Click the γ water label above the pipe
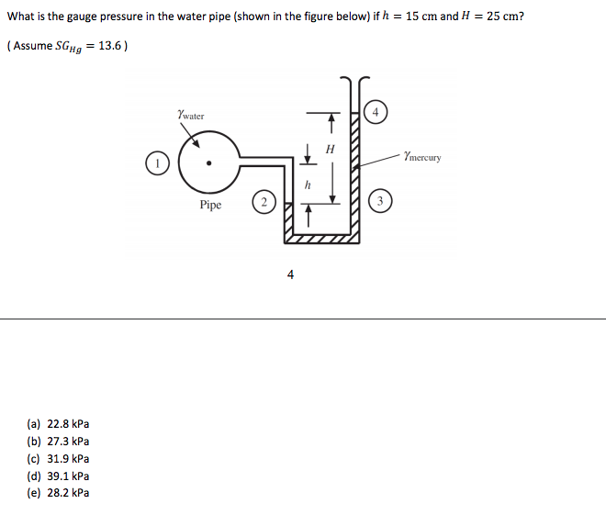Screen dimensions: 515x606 tap(190, 116)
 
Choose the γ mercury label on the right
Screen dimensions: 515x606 tap(421, 157)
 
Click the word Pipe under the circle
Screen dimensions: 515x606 tap(210, 205)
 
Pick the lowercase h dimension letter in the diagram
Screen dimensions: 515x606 tap(308, 185)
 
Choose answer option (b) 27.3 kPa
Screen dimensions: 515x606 tap(59, 441)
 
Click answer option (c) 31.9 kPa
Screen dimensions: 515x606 tap(59, 458)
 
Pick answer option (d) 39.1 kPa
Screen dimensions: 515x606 tap(59, 476)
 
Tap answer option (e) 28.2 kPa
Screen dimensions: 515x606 tap(59, 493)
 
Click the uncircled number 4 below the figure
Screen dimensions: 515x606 tap(291, 274)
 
